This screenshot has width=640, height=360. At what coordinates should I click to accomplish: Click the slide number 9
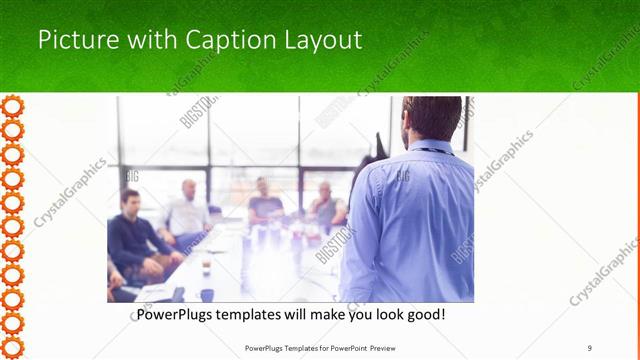pos(589,348)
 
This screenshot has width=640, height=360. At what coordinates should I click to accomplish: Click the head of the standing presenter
pos(431,119)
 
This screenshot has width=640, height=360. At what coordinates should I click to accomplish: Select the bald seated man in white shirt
pos(187,211)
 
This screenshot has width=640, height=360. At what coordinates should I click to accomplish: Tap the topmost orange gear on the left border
pos(13,105)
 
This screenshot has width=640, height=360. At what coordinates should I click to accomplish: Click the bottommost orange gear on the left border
pos(13,346)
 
